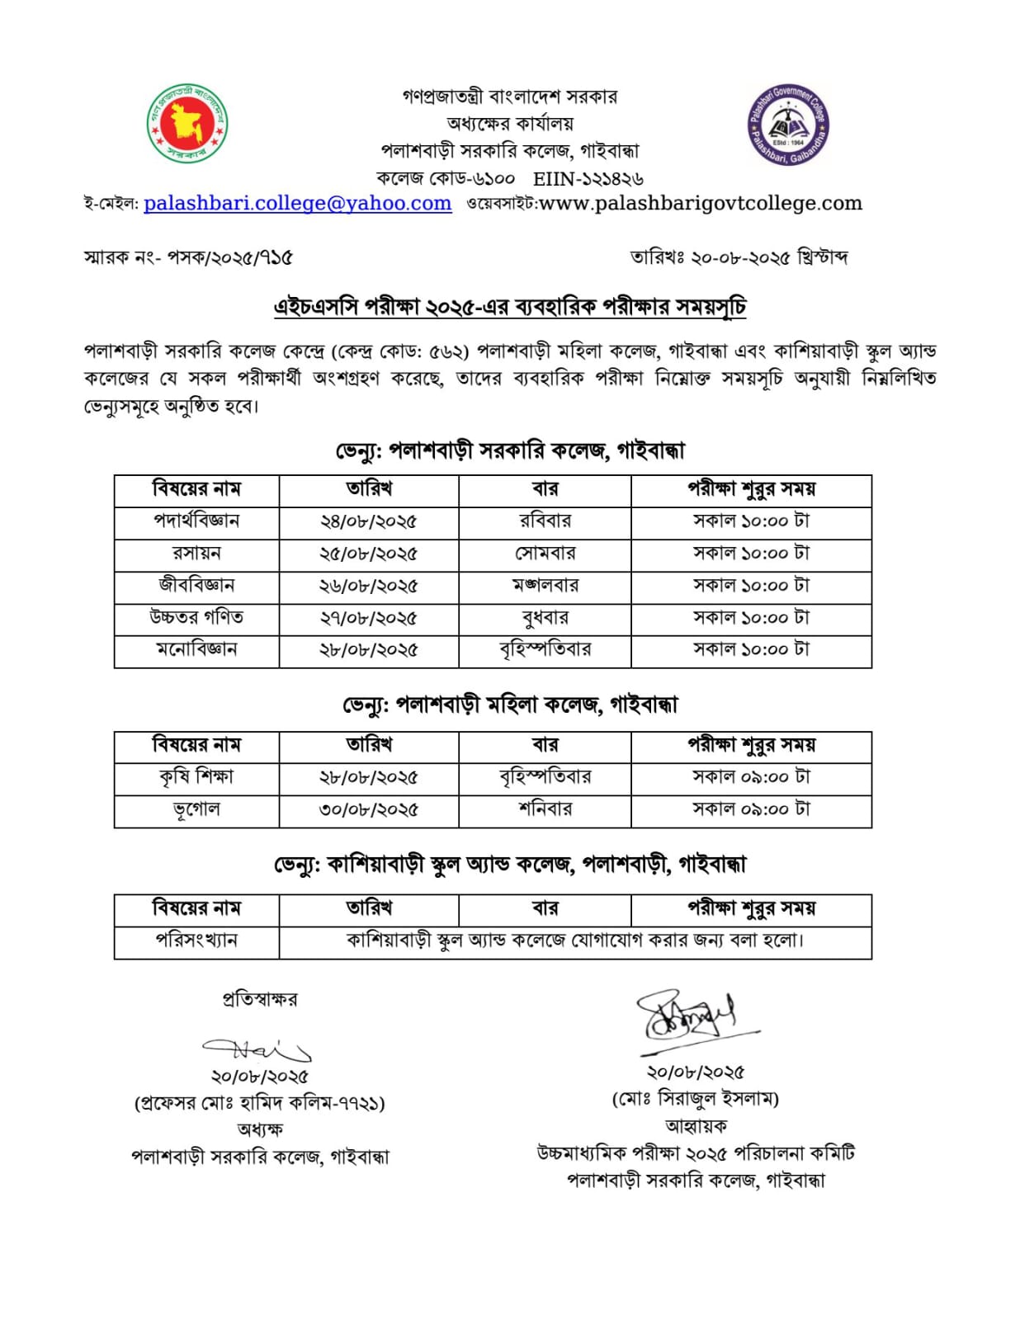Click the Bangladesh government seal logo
tap(187, 124)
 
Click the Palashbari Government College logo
tap(787, 125)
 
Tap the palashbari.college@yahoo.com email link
tap(297, 203)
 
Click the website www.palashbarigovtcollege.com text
tap(700, 203)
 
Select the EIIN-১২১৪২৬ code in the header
tap(588, 178)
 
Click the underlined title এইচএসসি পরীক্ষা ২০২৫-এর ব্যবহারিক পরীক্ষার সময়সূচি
tap(510, 307)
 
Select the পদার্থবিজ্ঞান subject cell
tap(196, 521)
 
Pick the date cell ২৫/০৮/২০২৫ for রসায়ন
tap(368, 554)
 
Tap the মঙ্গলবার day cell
tap(545, 586)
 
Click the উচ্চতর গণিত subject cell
tap(196, 618)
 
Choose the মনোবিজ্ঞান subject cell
tap(196, 650)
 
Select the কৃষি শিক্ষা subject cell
tap(196, 777)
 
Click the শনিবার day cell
tap(545, 809)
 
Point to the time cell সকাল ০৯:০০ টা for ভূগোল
tap(751, 809)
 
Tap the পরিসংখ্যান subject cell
tap(196, 940)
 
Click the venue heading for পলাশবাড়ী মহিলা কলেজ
tap(510, 705)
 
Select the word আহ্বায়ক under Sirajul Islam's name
tap(696, 1126)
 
